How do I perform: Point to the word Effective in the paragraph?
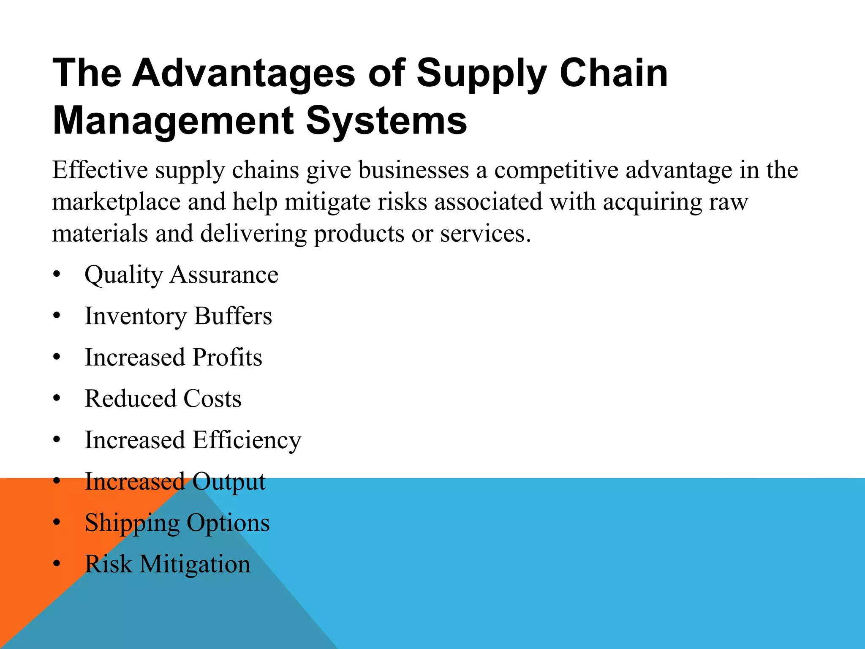[100, 170]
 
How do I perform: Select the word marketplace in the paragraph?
[116, 202]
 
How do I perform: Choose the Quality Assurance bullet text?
[181, 275]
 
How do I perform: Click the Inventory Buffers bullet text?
[178, 316]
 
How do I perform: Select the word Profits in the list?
[227, 357]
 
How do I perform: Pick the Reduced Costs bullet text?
[163, 399]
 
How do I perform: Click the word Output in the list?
[229, 482]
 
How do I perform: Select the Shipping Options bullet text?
[177, 523]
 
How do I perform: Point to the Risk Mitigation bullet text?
[167, 564]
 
